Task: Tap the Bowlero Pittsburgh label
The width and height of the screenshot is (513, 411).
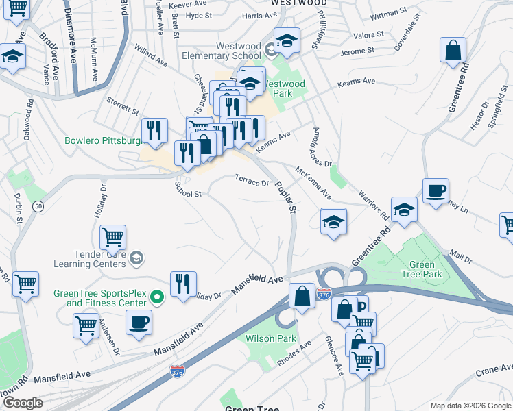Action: tap(103, 141)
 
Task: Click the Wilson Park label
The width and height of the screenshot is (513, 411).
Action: tap(272, 338)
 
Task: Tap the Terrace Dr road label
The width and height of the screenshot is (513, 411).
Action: tap(252, 181)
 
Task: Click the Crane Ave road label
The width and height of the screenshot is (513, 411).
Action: tap(494, 371)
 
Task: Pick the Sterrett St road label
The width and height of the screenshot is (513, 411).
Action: tap(123, 110)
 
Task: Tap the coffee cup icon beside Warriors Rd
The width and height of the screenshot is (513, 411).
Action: tap(436, 190)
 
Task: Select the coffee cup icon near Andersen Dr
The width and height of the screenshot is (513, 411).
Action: tap(139, 323)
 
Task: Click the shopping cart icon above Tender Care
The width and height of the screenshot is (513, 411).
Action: tap(112, 237)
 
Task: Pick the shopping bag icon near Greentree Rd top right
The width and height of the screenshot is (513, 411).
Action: tap(453, 51)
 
